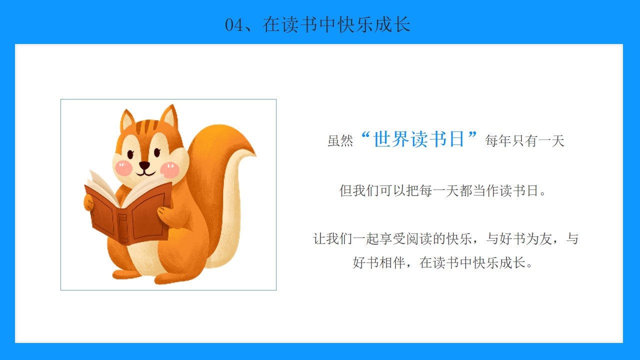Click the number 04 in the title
pyautogui.click(x=233, y=25)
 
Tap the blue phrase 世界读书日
pyautogui.click(x=418, y=139)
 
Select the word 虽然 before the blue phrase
pyautogui.click(x=340, y=141)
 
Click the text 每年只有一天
pyautogui.click(x=524, y=141)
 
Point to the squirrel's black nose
pyautogui.click(x=144, y=165)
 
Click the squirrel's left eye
pyautogui.click(x=130, y=154)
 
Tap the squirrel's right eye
pyautogui.click(x=157, y=152)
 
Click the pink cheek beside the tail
pyautogui.click(x=169, y=169)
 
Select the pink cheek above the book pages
pyautogui.click(x=123, y=168)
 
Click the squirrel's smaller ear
pyautogui.click(x=127, y=120)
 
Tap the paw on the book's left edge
pyautogui.click(x=88, y=202)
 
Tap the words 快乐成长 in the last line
pyautogui.click(x=499, y=263)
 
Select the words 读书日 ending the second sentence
pyautogui.click(x=518, y=190)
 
